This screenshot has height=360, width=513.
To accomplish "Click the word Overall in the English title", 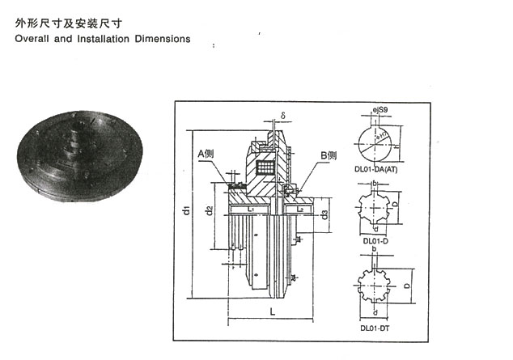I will pos(34,39).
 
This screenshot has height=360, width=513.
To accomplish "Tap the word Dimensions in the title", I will pos(165,39).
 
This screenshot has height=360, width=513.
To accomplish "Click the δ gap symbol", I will pos(284,114).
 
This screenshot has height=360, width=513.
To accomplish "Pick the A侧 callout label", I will pos(206,154).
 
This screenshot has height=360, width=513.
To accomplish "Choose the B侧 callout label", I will pos(328,155).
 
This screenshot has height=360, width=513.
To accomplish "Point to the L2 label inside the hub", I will pos(299,210).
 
